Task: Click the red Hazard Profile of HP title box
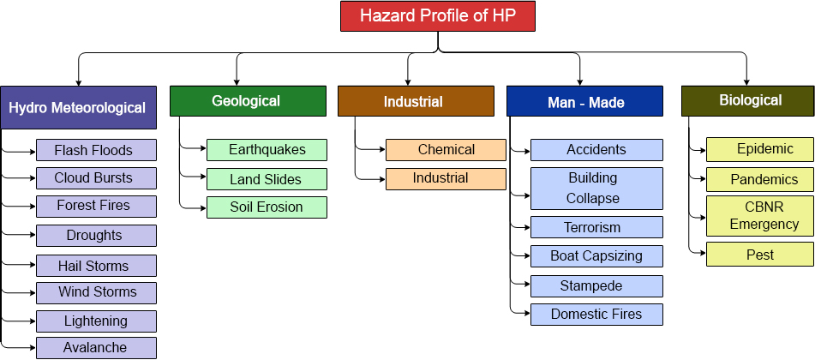coord(438,16)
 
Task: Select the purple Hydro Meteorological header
coord(79,108)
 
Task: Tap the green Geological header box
coord(248,101)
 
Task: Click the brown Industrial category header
coord(416,101)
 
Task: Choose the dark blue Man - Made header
coord(584,101)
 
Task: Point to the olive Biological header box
coord(748,101)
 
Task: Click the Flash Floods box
coord(96,150)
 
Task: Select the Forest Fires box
coord(96,206)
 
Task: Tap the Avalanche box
coord(96,347)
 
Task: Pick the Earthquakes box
coord(267,150)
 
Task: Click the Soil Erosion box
coord(267,207)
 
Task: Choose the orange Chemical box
coord(446,150)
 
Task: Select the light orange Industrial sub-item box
coord(446,179)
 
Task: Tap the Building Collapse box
coord(596,189)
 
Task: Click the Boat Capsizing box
coord(596,256)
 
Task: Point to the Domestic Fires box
coord(596,315)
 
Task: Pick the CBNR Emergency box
coord(760,216)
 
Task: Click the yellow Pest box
coord(760,255)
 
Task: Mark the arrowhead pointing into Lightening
coord(33,322)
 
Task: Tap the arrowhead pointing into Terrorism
coord(527,227)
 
